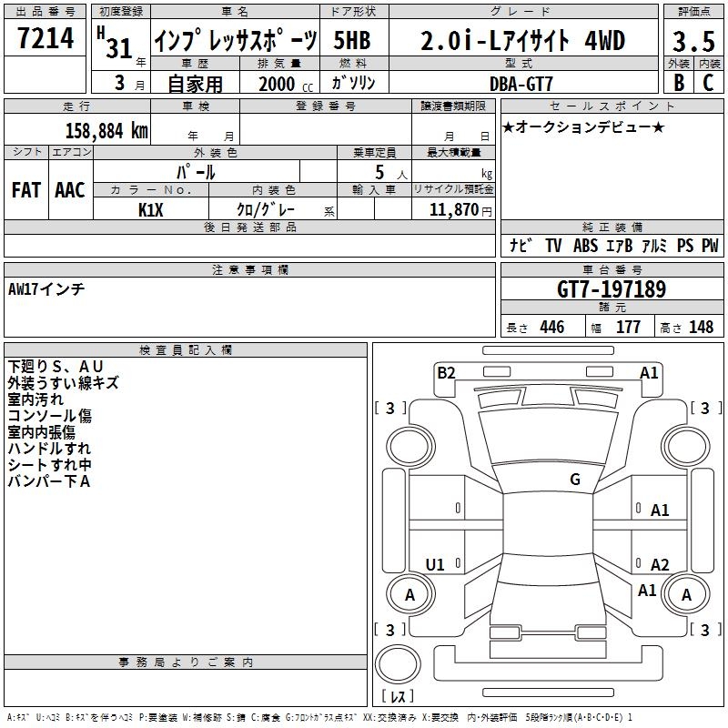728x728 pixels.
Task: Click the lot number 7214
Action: pyautogui.click(x=45, y=37)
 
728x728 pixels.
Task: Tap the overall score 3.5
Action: pyautogui.click(x=693, y=41)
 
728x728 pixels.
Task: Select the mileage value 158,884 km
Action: pyautogui.click(x=106, y=131)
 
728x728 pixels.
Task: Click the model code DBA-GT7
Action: pyautogui.click(x=521, y=84)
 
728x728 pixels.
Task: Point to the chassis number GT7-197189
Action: pyautogui.click(x=612, y=289)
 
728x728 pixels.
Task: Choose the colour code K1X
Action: pyautogui.click(x=151, y=210)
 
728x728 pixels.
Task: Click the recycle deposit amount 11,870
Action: pyautogui.click(x=454, y=209)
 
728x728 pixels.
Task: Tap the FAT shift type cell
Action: pyautogui.click(x=26, y=190)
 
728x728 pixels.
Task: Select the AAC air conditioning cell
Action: pyautogui.click(x=70, y=190)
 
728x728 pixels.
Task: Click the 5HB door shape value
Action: pyautogui.click(x=352, y=40)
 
